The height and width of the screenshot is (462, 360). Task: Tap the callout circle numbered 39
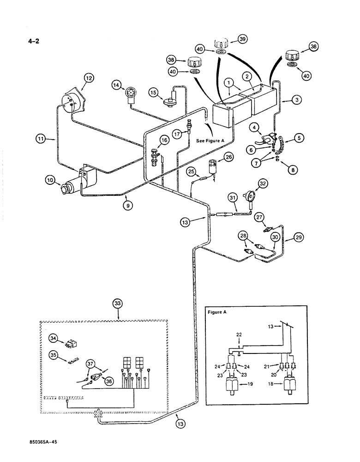click(x=242, y=40)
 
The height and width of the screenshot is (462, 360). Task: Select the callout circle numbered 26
click(x=229, y=157)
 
